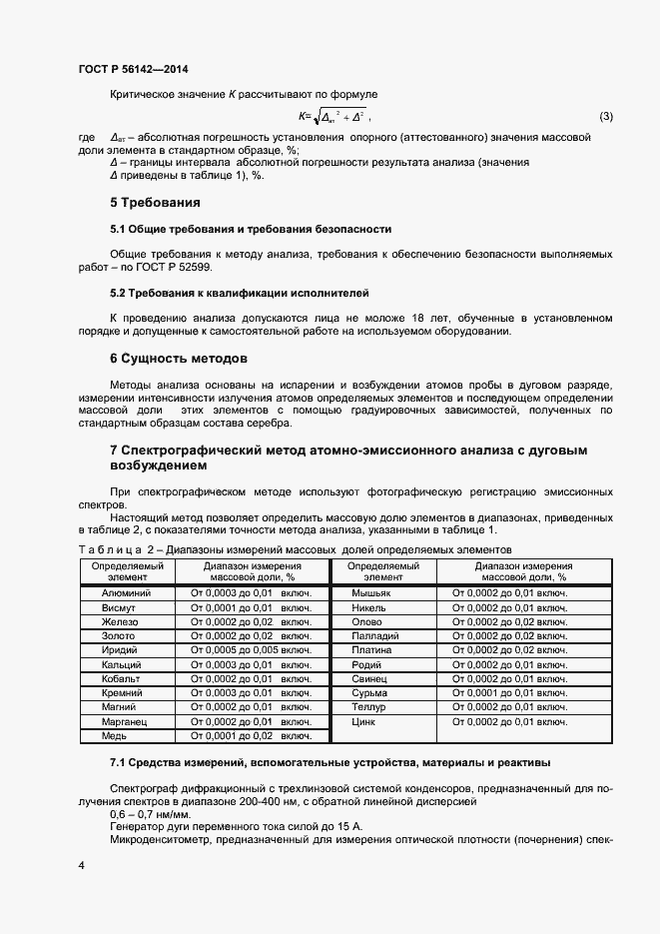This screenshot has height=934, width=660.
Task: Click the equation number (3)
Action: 605,117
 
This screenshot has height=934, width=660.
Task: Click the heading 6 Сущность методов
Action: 179,358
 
